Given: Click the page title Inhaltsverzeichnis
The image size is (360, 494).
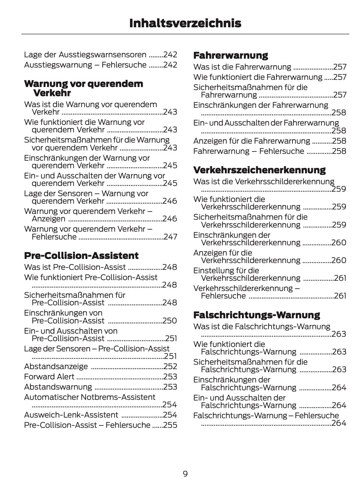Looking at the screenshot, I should pyautogui.click(x=185, y=23).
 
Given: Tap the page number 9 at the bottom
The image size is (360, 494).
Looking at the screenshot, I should pyautogui.click(x=185, y=474).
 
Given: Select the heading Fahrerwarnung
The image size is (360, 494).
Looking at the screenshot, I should pyautogui.click(x=231, y=55).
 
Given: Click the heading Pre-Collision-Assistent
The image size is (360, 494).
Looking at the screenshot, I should pyautogui.click(x=81, y=256).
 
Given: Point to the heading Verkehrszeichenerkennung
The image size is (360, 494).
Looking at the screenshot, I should pyautogui.click(x=259, y=170).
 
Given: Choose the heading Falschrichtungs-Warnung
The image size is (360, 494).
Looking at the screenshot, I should pyautogui.click(x=257, y=315).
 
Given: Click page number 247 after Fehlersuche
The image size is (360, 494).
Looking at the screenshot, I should pyautogui.click(x=170, y=237).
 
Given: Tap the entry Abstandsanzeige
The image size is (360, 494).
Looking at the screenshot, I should pyautogui.click(x=56, y=366).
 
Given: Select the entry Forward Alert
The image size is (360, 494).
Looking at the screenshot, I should pyautogui.click(x=49, y=377).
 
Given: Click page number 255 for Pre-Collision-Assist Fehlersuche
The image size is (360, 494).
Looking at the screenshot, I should pyautogui.click(x=170, y=425).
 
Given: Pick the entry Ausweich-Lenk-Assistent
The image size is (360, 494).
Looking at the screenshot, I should pyautogui.click(x=71, y=415).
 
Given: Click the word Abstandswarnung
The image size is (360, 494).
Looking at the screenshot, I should pyautogui.click(x=58, y=387).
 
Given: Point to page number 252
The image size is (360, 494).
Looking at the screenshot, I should pyautogui.click(x=170, y=366).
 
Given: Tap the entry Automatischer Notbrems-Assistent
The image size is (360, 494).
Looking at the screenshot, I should pyautogui.click(x=90, y=397).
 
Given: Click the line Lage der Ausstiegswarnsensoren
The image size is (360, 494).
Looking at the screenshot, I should pyautogui.click(x=85, y=55).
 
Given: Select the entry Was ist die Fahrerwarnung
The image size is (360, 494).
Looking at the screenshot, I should pyautogui.click(x=242, y=67).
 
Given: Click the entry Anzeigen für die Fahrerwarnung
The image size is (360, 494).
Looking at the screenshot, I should pyautogui.click(x=252, y=141).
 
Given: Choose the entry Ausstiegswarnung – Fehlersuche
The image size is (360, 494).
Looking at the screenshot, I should pyautogui.click(x=85, y=65).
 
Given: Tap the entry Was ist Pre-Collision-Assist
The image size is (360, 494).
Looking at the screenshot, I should pyautogui.click(x=75, y=267).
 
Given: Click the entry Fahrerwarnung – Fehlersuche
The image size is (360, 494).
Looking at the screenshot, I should pyautogui.click(x=248, y=151).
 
